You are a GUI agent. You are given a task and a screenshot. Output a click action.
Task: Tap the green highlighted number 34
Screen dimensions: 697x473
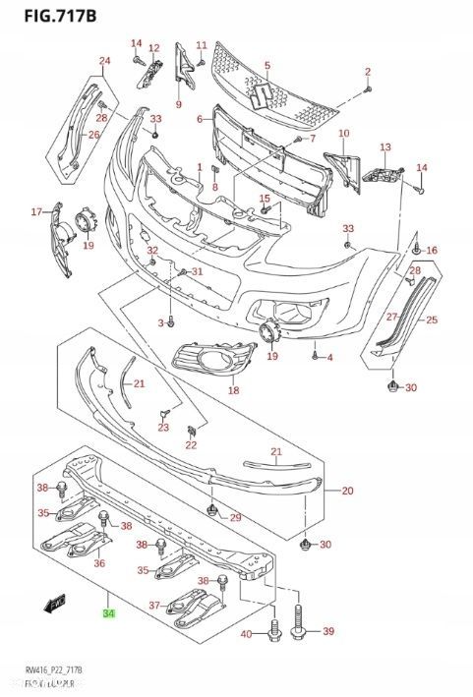[107, 614]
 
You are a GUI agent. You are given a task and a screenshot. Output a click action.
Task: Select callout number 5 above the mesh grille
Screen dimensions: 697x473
[266, 66]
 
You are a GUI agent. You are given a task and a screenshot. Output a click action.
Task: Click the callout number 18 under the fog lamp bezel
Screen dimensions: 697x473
[233, 390]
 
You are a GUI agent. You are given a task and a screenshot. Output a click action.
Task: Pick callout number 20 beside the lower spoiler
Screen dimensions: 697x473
[346, 490]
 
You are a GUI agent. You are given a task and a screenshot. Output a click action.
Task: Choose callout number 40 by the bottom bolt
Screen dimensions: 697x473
[246, 634]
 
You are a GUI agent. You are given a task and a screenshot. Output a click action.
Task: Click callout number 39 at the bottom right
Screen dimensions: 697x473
[328, 630]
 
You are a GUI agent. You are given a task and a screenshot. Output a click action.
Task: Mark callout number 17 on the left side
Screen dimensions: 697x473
[36, 211]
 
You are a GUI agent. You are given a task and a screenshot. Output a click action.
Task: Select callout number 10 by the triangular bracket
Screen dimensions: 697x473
[343, 133]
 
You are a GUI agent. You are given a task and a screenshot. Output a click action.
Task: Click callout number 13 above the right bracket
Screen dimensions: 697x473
[385, 147]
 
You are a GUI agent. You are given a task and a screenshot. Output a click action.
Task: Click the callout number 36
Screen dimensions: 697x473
[98, 563]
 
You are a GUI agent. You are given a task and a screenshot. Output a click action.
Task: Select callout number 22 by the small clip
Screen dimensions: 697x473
[191, 445]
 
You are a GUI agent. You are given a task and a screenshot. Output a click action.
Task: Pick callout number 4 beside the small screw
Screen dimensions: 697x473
[329, 357]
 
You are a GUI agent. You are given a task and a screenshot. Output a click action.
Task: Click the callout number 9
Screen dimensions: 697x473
[179, 104]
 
